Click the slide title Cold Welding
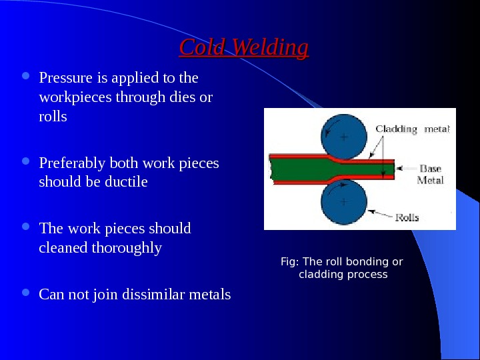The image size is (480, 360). tap(244, 48)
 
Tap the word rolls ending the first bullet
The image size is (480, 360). tap(53, 116)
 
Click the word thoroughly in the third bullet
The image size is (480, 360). tap(127, 248)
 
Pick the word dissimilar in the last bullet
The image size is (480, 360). tap(143, 294)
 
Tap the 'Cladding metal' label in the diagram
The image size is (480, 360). tap(412, 129)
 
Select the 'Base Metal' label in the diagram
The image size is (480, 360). tap(430, 175)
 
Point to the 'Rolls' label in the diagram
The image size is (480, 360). tap(407, 217)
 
